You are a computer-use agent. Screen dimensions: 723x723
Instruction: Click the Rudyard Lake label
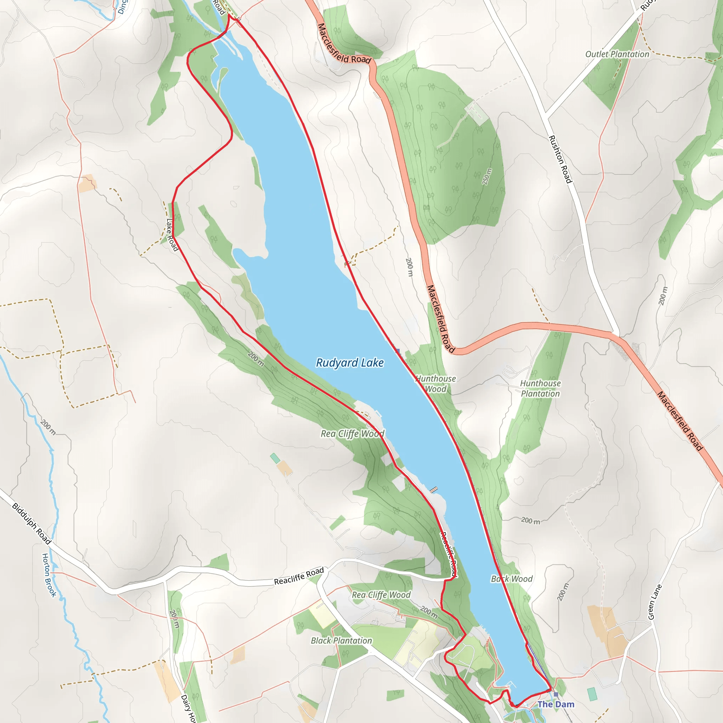pyautogui.click(x=349, y=363)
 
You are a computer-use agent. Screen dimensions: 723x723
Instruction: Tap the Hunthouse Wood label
pyautogui.click(x=436, y=384)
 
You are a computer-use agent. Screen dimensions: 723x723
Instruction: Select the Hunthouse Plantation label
pyautogui.click(x=540, y=388)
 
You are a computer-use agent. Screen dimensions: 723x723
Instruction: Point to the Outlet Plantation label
pyautogui.click(x=617, y=54)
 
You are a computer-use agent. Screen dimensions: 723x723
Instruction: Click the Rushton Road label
pyautogui.click(x=560, y=160)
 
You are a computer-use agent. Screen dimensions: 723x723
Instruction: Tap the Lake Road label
pyautogui.click(x=172, y=235)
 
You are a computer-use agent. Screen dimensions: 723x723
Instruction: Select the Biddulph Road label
pyautogui.click(x=31, y=524)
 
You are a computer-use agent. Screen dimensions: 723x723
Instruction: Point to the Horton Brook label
pyautogui.click(x=49, y=575)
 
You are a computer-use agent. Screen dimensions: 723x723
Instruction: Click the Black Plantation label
pyautogui.click(x=341, y=641)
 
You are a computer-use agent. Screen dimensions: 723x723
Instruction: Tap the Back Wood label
pyautogui.click(x=512, y=579)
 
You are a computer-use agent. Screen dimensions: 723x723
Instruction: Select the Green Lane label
pyautogui.click(x=655, y=602)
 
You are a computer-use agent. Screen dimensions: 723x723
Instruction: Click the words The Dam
pyautogui.click(x=556, y=704)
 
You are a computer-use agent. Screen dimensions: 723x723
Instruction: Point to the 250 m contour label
pyautogui.click(x=487, y=177)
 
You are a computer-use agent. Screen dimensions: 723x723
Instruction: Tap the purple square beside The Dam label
pyautogui.click(x=556, y=694)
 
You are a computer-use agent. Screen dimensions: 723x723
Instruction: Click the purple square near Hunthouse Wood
pyautogui.click(x=398, y=351)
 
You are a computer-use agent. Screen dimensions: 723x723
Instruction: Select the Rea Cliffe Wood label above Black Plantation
pyautogui.click(x=381, y=595)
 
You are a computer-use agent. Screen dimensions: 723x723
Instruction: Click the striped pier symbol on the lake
pyautogui.click(x=434, y=490)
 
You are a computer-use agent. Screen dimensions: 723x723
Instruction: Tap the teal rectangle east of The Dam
pyautogui.click(x=592, y=694)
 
